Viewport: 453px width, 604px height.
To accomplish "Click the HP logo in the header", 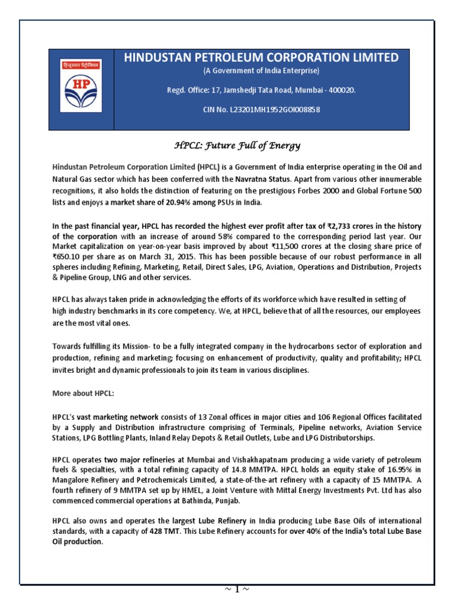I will [x=81, y=88].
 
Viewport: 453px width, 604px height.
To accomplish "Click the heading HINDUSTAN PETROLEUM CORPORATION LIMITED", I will [x=261, y=57].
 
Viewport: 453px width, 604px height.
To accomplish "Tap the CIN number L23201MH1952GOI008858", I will [x=261, y=109].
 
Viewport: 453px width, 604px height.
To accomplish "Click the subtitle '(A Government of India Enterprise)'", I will [x=261, y=71].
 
